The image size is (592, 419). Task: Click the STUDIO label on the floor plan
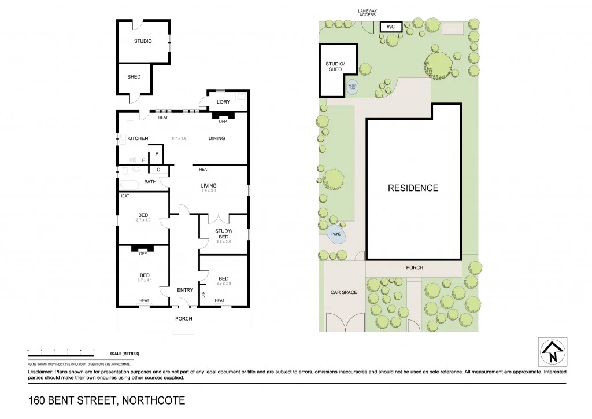tap(143, 41)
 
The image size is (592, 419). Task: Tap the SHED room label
tap(134, 77)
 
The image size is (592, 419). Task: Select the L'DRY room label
tap(223, 102)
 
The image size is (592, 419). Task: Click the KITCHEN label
tap(138, 138)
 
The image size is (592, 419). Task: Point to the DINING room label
tap(217, 138)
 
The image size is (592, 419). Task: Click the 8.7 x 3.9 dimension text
tap(180, 138)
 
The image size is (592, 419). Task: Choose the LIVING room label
tap(208, 186)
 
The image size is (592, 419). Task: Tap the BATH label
tap(150, 182)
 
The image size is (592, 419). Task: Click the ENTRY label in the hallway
tap(185, 290)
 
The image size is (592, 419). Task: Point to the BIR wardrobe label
tap(203, 294)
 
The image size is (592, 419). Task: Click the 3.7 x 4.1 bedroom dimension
tap(143, 280)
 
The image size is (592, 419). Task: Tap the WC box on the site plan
tap(391, 27)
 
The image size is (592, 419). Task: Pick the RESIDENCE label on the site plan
tap(413, 188)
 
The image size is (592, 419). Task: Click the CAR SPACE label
tap(343, 292)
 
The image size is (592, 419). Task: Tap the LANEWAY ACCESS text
tap(367, 12)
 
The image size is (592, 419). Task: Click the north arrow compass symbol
tap(553, 352)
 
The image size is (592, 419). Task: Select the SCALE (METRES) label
tap(124, 354)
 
